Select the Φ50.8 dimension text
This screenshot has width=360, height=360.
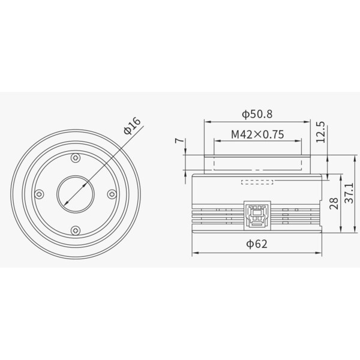click(x=257, y=113)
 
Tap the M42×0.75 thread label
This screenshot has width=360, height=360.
click(x=257, y=134)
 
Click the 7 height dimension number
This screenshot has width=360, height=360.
click(x=178, y=141)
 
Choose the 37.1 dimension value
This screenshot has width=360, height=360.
click(x=349, y=193)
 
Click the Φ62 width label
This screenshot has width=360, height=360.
click(x=256, y=244)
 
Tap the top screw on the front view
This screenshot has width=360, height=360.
click(x=76, y=158)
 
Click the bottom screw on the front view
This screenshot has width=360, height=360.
click(x=76, y=230)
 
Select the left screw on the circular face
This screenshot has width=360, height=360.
click(x=40, y=194)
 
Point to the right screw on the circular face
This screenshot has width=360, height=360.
click(x=112, y=194)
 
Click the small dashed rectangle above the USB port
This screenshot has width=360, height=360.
click(x=257, y=181)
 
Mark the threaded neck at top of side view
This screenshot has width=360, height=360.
click(x=256, y=163)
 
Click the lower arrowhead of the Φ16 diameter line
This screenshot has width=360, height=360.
click(x=64, y=207)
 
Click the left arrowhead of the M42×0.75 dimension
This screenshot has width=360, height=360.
click(x=214, y=142)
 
